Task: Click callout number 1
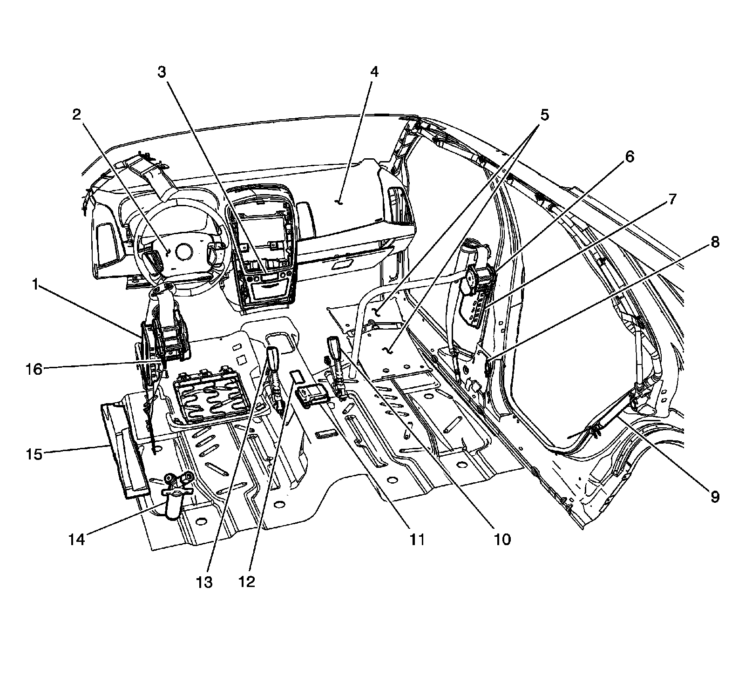pyautogui.click(x=34, y=285)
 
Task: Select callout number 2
pyautogui.click(x=76, y=115)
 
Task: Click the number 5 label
pyautogui.click(x=544, y=115)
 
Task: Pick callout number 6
pyautogui.click(x=629, y=157)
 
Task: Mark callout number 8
pyautogui.click(x=714, y=242)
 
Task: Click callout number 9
pyautogui.click(x=714, y=497)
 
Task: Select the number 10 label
pyautogui.click(x=502, y=539)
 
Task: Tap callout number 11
pyautogui.click(x=416, y=539)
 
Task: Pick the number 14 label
pyautogui.click(x=76, y=539)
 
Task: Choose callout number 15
pyautogui.click(x=34, y=454)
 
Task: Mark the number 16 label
pyautogui.click(x=34, y=370)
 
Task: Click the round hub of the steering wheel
pyautogui.click(x=183, y=252)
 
